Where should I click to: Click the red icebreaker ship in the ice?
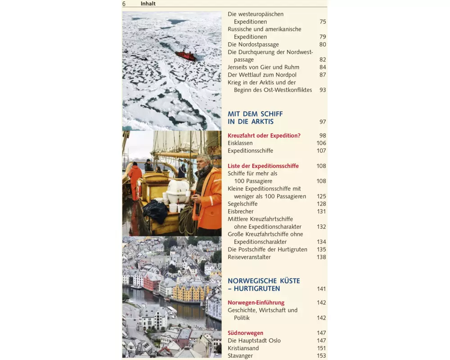[x=186, y=55]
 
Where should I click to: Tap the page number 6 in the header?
[x=124, y=4]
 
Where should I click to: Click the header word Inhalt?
[x=148, y=4]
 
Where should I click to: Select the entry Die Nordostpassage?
[x=253, y=45]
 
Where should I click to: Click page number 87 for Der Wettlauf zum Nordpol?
[x=323, y=75]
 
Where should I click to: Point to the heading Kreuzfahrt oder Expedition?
[x=264, y=135]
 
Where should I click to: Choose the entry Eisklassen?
[x=240, y=143]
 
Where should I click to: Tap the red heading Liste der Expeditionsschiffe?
[x=263, y=166]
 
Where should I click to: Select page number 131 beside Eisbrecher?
[x=321, y=211]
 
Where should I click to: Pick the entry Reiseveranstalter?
[x=249, y=257]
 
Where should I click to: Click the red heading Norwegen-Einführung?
[x=256, y=303]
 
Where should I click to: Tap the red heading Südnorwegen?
[x=246, y=333]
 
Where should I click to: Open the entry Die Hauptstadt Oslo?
[x=254, y=341]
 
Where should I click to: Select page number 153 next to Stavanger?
[x=321, y=356]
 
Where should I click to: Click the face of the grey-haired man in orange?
[x=203, y=163]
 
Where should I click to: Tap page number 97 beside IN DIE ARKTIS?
[x=323, y=122]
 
